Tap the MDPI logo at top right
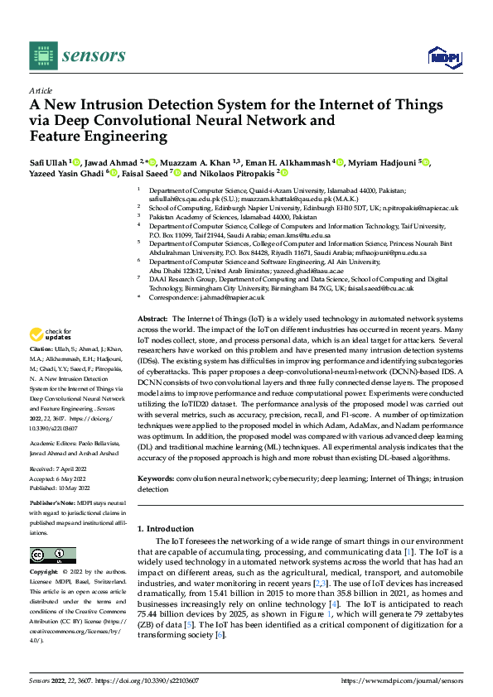click(443, 55)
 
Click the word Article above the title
click(41, 90)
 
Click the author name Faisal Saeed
click(146, 175)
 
